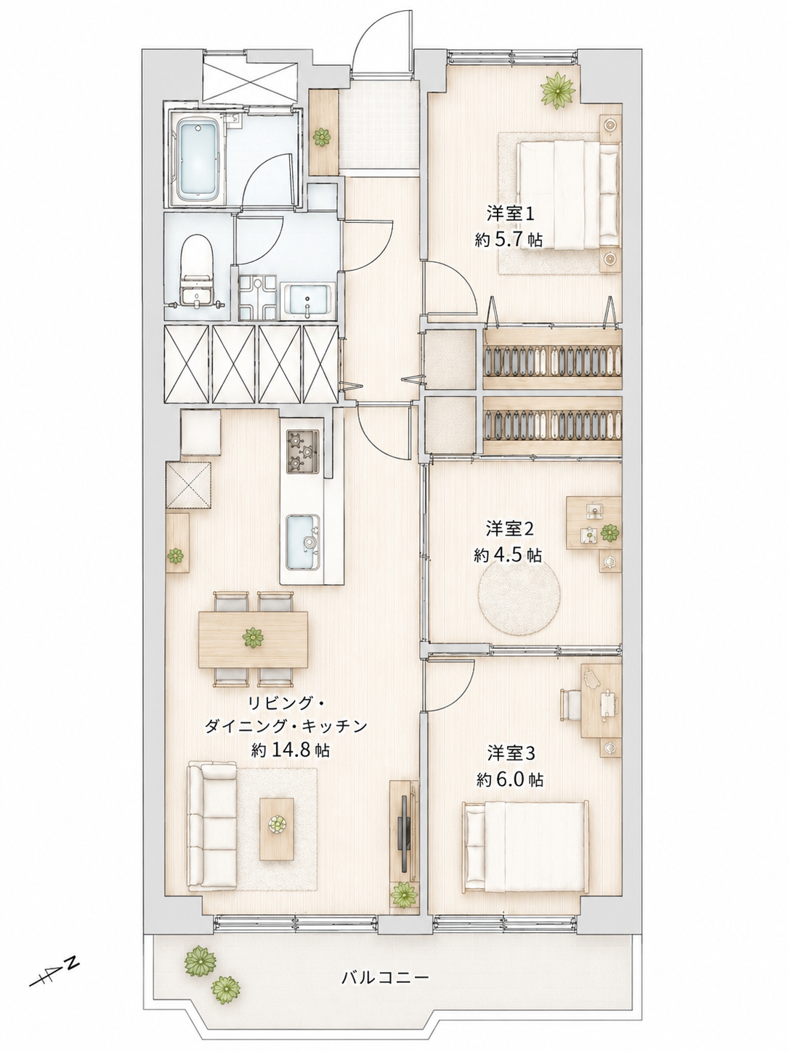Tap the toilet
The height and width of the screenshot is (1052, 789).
point(197,271)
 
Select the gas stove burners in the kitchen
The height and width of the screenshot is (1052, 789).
point(303,450)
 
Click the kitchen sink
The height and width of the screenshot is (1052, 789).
point(303,541)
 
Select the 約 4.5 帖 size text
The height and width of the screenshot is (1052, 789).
point(508,555)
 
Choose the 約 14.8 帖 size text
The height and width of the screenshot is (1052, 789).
point(291,750)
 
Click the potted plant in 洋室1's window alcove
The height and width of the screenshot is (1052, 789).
point(558,89)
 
